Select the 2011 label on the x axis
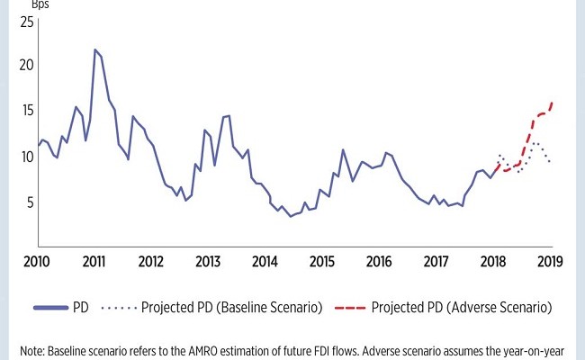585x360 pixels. [x=94, y=262]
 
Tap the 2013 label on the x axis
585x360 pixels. [x=208, y=262]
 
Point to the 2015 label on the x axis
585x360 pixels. [x=321, y=262]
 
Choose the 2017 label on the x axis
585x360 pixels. [x=436, y=262]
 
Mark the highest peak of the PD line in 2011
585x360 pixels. [x=94, y=49]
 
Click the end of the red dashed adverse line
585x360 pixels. [x=551, y=103]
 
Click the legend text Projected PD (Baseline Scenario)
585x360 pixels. [x=232, y=308]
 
